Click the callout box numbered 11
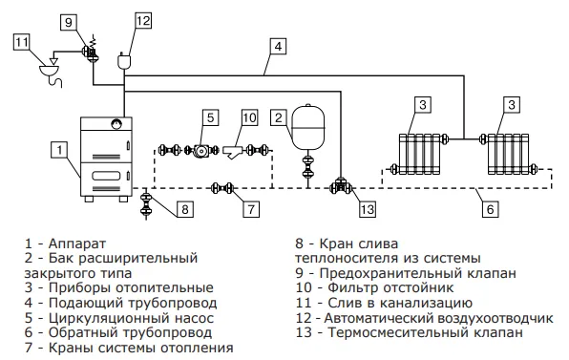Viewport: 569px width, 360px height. [x=21, y=42]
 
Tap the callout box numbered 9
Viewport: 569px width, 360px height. [x=69, y=23]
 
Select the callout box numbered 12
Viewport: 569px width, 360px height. [x=143, y=20]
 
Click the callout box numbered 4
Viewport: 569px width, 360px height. [x=278, y=47]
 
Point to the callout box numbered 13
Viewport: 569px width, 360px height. [x=368, y=209]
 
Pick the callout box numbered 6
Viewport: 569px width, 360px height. [x=491, y=209]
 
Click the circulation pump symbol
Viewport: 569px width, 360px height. [x=200, y=150]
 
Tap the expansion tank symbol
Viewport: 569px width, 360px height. [x=308, y=127]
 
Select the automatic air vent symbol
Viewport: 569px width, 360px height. [x=124, y=60]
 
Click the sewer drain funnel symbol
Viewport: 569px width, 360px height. [x=53, y=71]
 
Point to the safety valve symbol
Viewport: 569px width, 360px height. [x=91, y=51]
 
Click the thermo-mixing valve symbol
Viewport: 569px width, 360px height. [x=341, y=187]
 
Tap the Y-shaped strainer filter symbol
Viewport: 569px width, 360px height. [x=233, y=152]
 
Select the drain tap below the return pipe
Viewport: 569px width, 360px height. [x=146, y=204]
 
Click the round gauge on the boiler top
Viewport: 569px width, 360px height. [x=116, y=123]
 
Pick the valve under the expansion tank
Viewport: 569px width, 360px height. [x=308, y=167]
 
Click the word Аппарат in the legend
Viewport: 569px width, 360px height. [x=77, y=244]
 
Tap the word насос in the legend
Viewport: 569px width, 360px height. [x=194, y=318]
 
